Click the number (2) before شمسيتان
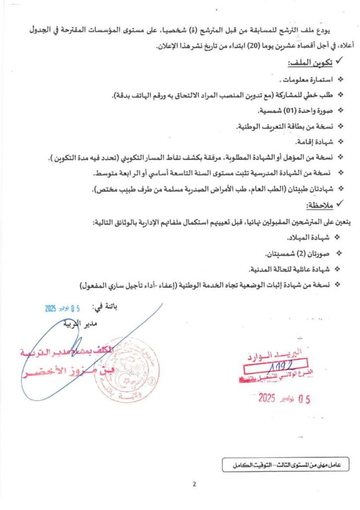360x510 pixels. [x=291, y=254]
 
